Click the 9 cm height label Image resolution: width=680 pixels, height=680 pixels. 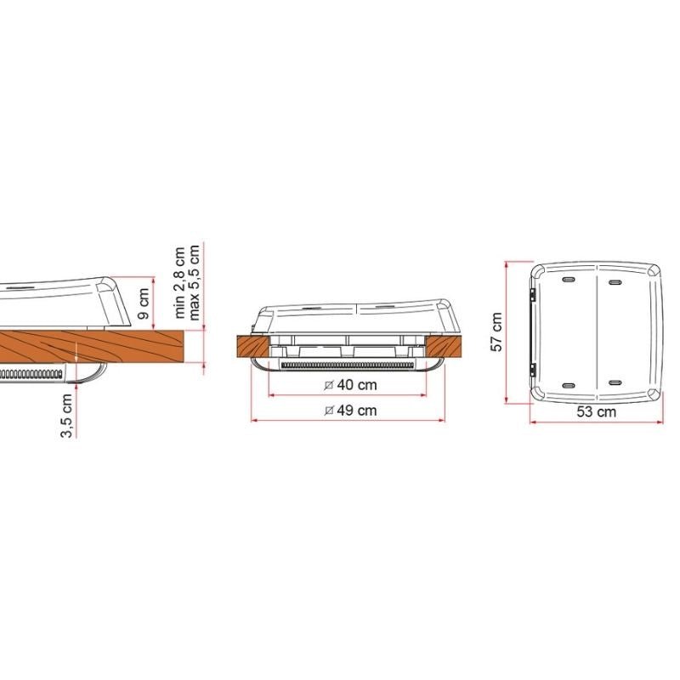(x=144, y=303)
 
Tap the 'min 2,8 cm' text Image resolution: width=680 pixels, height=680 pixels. (x=179, y=282)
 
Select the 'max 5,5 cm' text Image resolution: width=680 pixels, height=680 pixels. (x=194, y=282)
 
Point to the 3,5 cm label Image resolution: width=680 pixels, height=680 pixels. (x=67, y=416)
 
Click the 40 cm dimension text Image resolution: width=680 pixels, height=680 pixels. (x=357, y=385)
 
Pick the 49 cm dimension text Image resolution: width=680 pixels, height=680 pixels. (x=357, y=411)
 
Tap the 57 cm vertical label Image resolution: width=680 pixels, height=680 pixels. (x=496, y=332)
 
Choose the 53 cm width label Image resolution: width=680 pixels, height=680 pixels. (x=597, y=411)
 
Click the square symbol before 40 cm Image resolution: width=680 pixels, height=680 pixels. (x=329, y=385)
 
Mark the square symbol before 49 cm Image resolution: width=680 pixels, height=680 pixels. (x=329, y=411)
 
